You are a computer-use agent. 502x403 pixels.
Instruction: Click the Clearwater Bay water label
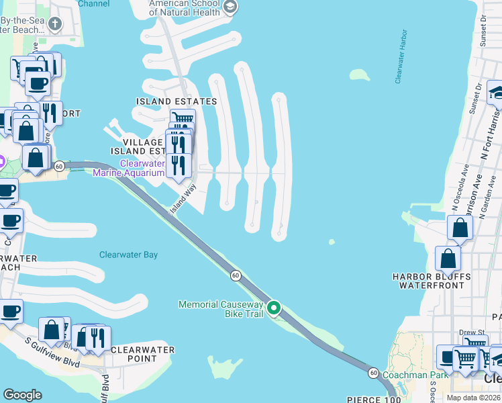(x=128, y=255)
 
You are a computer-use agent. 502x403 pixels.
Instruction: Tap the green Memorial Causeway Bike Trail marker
(x=274, y=308)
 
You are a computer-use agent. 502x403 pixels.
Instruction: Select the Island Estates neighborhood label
(x=177, y=101)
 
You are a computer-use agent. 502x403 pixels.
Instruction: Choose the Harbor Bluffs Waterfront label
(x=432, y=281)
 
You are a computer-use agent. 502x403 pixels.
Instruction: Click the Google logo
(x=22, y=395)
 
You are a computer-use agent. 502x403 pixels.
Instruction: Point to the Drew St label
(x=472, y=332)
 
